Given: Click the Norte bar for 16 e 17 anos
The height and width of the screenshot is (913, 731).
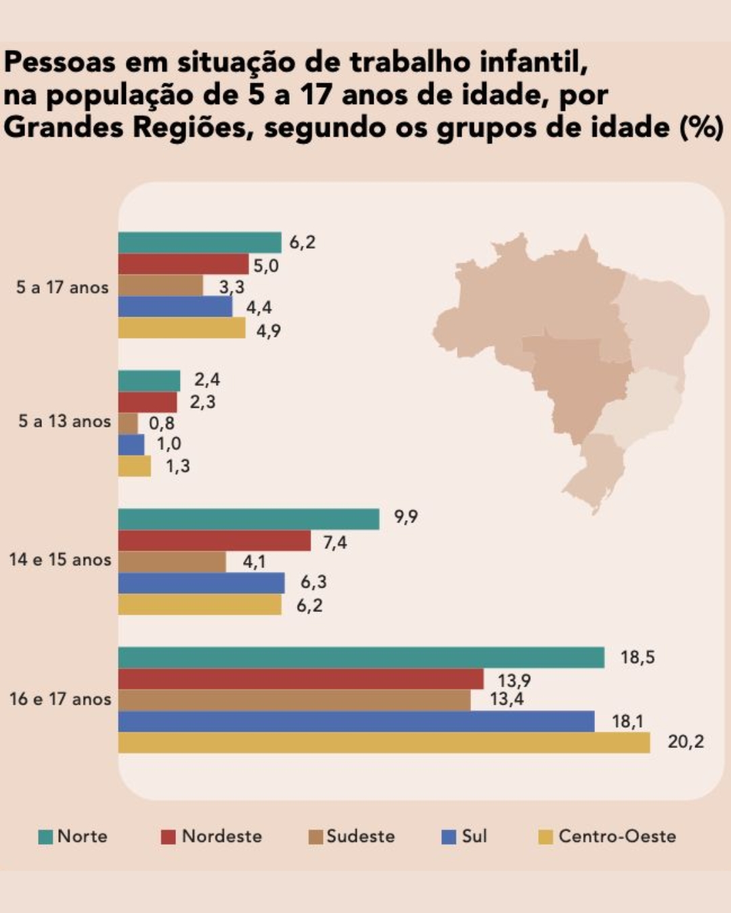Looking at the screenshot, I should pos(361,657).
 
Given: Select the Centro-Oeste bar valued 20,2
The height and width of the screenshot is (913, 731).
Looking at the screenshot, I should pos(384,742).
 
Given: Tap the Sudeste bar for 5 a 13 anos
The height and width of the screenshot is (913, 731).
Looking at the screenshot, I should pos(128,423).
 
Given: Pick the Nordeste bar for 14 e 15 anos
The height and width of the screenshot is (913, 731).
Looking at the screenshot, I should pos(214,540).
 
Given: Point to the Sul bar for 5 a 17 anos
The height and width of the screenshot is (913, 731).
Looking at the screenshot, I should pos(175,307).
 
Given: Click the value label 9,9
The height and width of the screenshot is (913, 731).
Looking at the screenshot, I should pos(405,517).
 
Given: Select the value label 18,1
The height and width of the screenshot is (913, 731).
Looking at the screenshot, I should pos(627,722).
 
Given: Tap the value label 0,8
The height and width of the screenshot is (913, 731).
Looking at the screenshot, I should pos(162,423).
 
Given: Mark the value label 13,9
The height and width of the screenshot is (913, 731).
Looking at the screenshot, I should pos(514,680).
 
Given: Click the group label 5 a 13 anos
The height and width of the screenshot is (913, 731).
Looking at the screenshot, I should pos(64,421).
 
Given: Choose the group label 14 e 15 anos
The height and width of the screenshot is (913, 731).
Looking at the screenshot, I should pos(60,560).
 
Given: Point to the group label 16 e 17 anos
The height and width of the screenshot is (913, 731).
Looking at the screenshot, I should pos(60,699).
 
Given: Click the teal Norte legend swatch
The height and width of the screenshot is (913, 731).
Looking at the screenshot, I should pos(45,837).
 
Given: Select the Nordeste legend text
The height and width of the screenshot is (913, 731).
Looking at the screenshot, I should pos(221,837).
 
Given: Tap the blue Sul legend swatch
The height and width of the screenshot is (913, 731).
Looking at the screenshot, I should pos(449,837).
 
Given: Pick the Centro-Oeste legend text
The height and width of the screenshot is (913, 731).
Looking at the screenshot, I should pos(617,837).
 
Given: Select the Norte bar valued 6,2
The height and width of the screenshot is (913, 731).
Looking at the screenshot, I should pos(200,242).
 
